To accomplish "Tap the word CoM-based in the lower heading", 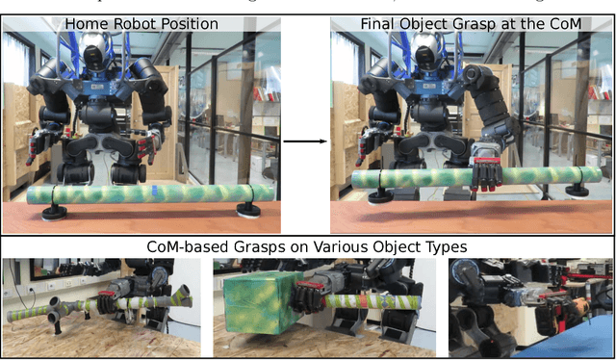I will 184,247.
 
